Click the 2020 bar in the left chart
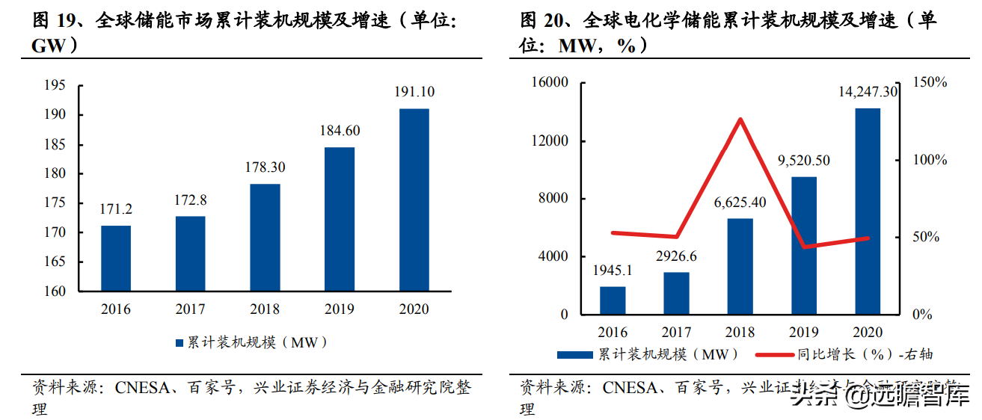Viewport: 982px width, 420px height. click(x=414, y=200)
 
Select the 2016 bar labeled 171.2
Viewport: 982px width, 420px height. click(x=116, y=258)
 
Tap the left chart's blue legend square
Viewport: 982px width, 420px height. click(x=179, y=343)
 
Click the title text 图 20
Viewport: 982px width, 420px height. click(x=545, y=21)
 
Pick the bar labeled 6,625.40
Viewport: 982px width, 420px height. click(x=740, y=266)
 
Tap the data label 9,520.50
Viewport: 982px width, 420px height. click(x=804, y=161)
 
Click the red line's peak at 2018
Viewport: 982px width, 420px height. click(x=740, y=120)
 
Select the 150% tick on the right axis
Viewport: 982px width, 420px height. click(x=930, y=82)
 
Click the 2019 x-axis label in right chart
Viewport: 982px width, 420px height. click(x=804, y=332)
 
